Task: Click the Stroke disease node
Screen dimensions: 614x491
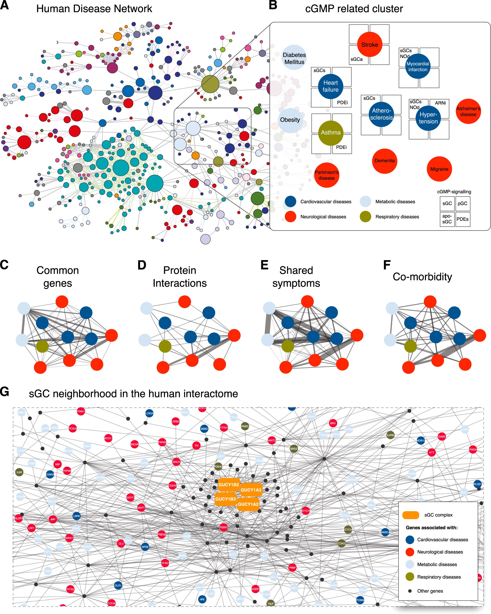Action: (369, 44)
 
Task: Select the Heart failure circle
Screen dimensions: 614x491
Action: (330, 86)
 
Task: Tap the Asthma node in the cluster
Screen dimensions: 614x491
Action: (331, 133)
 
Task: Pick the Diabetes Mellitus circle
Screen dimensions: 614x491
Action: (294, 58)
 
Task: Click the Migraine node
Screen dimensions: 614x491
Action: (439, 169)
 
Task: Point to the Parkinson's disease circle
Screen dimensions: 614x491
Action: (326, 175)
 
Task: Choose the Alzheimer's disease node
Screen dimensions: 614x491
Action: (468, 111)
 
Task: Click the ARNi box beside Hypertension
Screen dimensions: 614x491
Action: (440, 103)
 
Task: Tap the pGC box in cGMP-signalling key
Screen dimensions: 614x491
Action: (462, 203)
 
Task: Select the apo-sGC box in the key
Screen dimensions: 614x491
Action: (447, 219)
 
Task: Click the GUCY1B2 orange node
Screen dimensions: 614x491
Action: (228, 484)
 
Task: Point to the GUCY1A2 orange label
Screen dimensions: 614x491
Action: (248, 504)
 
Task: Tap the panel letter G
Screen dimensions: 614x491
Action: (4, 392)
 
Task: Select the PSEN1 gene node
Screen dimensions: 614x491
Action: (224, 527)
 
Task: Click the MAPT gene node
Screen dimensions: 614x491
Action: (141, 508)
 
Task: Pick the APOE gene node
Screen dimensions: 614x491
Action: (145, 546)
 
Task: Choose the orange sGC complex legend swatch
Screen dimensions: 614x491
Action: (410, 515)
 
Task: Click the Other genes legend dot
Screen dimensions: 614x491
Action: (410, 591)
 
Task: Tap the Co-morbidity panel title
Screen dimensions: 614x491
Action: (422, 276)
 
